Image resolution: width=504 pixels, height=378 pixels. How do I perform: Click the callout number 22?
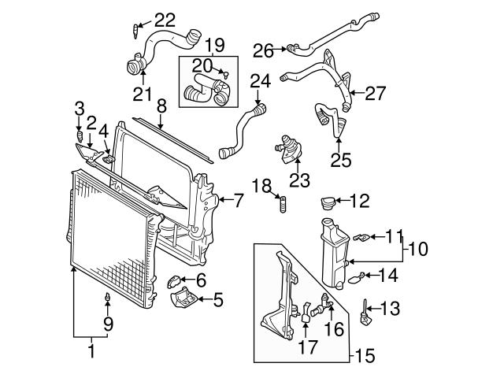tap(166, 19)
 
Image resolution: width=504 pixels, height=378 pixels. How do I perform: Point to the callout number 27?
tap(375, 93)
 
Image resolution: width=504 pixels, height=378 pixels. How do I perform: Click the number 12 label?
tap(358, 202)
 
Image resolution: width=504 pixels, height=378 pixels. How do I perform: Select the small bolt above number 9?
tap(106, 298)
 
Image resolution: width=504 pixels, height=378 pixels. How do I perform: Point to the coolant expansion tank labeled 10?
tap(335, 252)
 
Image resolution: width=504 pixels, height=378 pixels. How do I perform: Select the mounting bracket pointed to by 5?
tap(182, 301)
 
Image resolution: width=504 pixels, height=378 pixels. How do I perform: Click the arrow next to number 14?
tap(368, 275)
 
